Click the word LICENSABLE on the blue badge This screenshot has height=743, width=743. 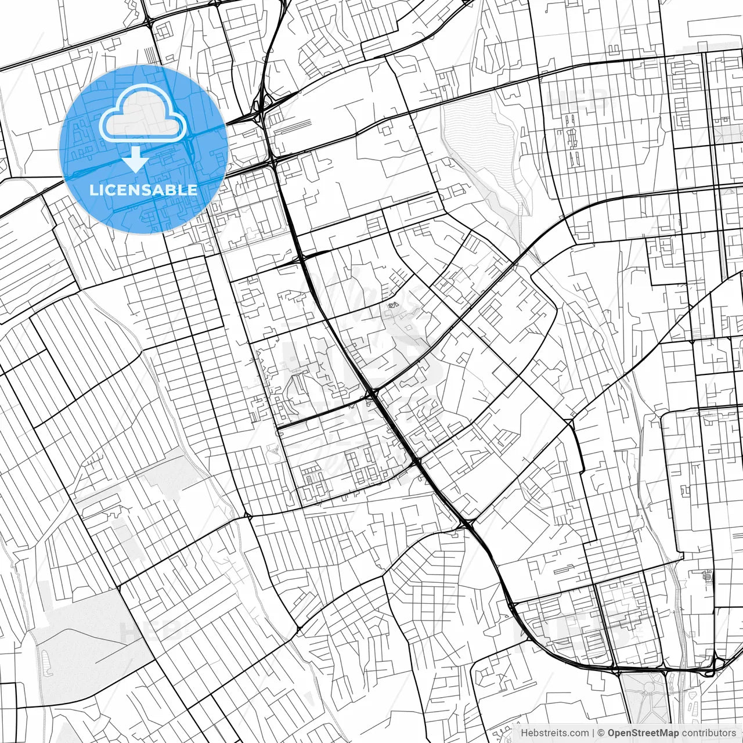[x=143, y=190]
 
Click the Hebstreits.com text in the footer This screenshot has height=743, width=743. [x=554, y=733]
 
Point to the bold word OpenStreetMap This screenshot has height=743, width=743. [x=643, y=733]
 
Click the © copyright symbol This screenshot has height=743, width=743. [x=601, y=733]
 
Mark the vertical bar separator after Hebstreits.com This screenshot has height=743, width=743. [x=593, y=733]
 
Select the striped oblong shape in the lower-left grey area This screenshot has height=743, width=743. [x=45, y=661]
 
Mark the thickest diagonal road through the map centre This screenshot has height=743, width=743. [x=371, y=395]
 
